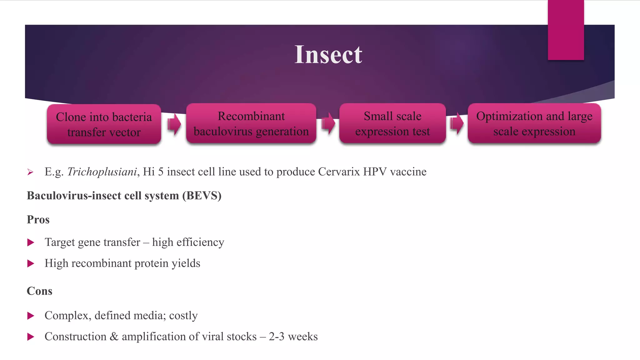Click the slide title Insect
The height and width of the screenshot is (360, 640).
[328, 55]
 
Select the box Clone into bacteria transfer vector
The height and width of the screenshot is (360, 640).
[104, 124]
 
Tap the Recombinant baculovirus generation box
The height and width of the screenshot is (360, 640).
[251, 123]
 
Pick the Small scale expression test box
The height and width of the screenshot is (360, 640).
[392, 123]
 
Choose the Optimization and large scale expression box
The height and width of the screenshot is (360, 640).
[534, 123]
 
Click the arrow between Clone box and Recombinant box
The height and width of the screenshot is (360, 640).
[174, 124]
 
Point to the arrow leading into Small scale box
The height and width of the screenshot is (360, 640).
[328, 123]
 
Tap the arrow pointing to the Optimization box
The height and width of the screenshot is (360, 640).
[457, 123]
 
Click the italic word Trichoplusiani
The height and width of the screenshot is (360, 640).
[102, 172]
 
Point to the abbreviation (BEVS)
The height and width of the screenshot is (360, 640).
[202, 196]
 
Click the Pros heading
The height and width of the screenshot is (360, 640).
[38, 219]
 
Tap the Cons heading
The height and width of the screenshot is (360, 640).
[39, 291]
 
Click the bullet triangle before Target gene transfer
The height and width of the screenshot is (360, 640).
[31, 242]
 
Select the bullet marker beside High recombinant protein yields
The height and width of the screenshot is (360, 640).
[31, 263]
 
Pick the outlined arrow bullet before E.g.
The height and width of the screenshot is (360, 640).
[30, 172]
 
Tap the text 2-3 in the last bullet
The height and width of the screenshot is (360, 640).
[277, 337]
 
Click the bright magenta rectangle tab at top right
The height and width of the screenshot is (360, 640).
[566, 30]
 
